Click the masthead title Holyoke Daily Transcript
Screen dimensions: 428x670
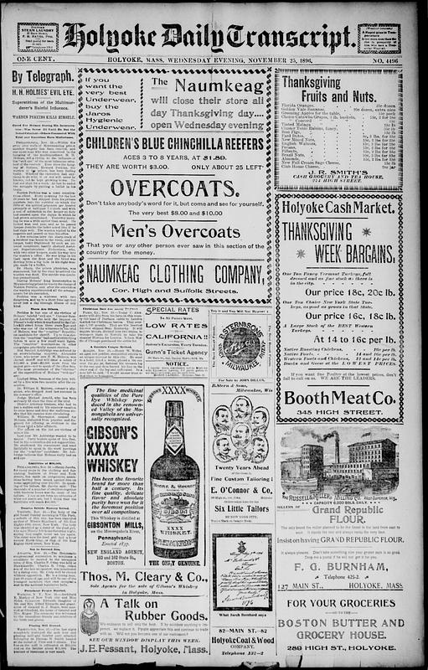pos(209,36)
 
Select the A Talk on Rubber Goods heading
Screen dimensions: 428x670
pos(153,613)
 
